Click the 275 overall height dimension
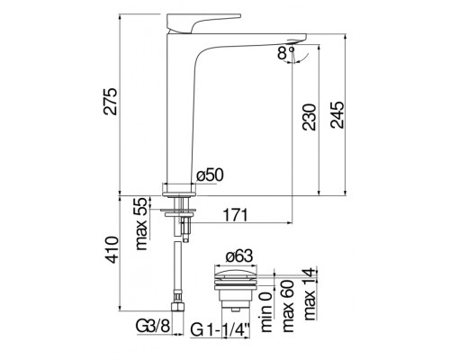[110, 101]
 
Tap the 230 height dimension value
[310, 117]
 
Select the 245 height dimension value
[337, 115]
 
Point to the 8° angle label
[285, 53]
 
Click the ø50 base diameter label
[210, 175]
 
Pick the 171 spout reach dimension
[235, 215]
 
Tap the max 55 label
[141, 224]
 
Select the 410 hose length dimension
[112, 250]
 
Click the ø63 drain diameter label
[239, 256]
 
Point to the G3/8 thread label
[153, 326]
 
